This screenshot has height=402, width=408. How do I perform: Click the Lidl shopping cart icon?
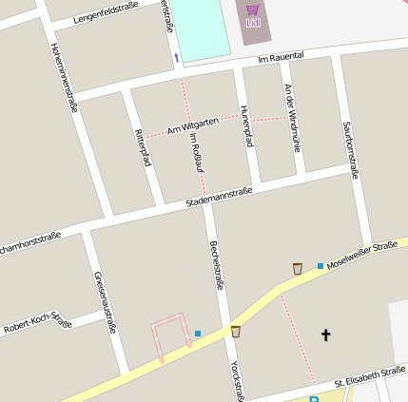pyautogui.click(x=253, y=10)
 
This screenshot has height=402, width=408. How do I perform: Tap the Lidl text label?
pyautogui.click(x=253, y=23)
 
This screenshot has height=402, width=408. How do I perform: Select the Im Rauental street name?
pyautogui.click(x=280, y=58)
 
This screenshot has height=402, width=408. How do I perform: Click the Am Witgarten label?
pyautogui.click(x=193, y=124)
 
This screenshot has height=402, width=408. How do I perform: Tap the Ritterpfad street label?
pyautogui.click(x=144, y=147)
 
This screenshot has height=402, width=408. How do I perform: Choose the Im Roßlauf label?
pyautogui.click(x=197, y=152)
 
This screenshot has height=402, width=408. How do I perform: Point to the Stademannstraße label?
pyautogui.click(x=219, y=196)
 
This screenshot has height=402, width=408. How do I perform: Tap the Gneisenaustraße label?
pyautogui.click(x=105, y=301)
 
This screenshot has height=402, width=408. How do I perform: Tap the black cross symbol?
pyautogui.click(x=326, y=335)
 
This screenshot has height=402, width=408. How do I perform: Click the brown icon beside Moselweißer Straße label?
pyautogui.click(x=298, y=269)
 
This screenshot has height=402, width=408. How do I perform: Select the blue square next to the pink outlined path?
pyautogui.click(x=197, y=333)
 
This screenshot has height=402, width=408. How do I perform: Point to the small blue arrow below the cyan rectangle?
pyautogui.click(x=176, y=59)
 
